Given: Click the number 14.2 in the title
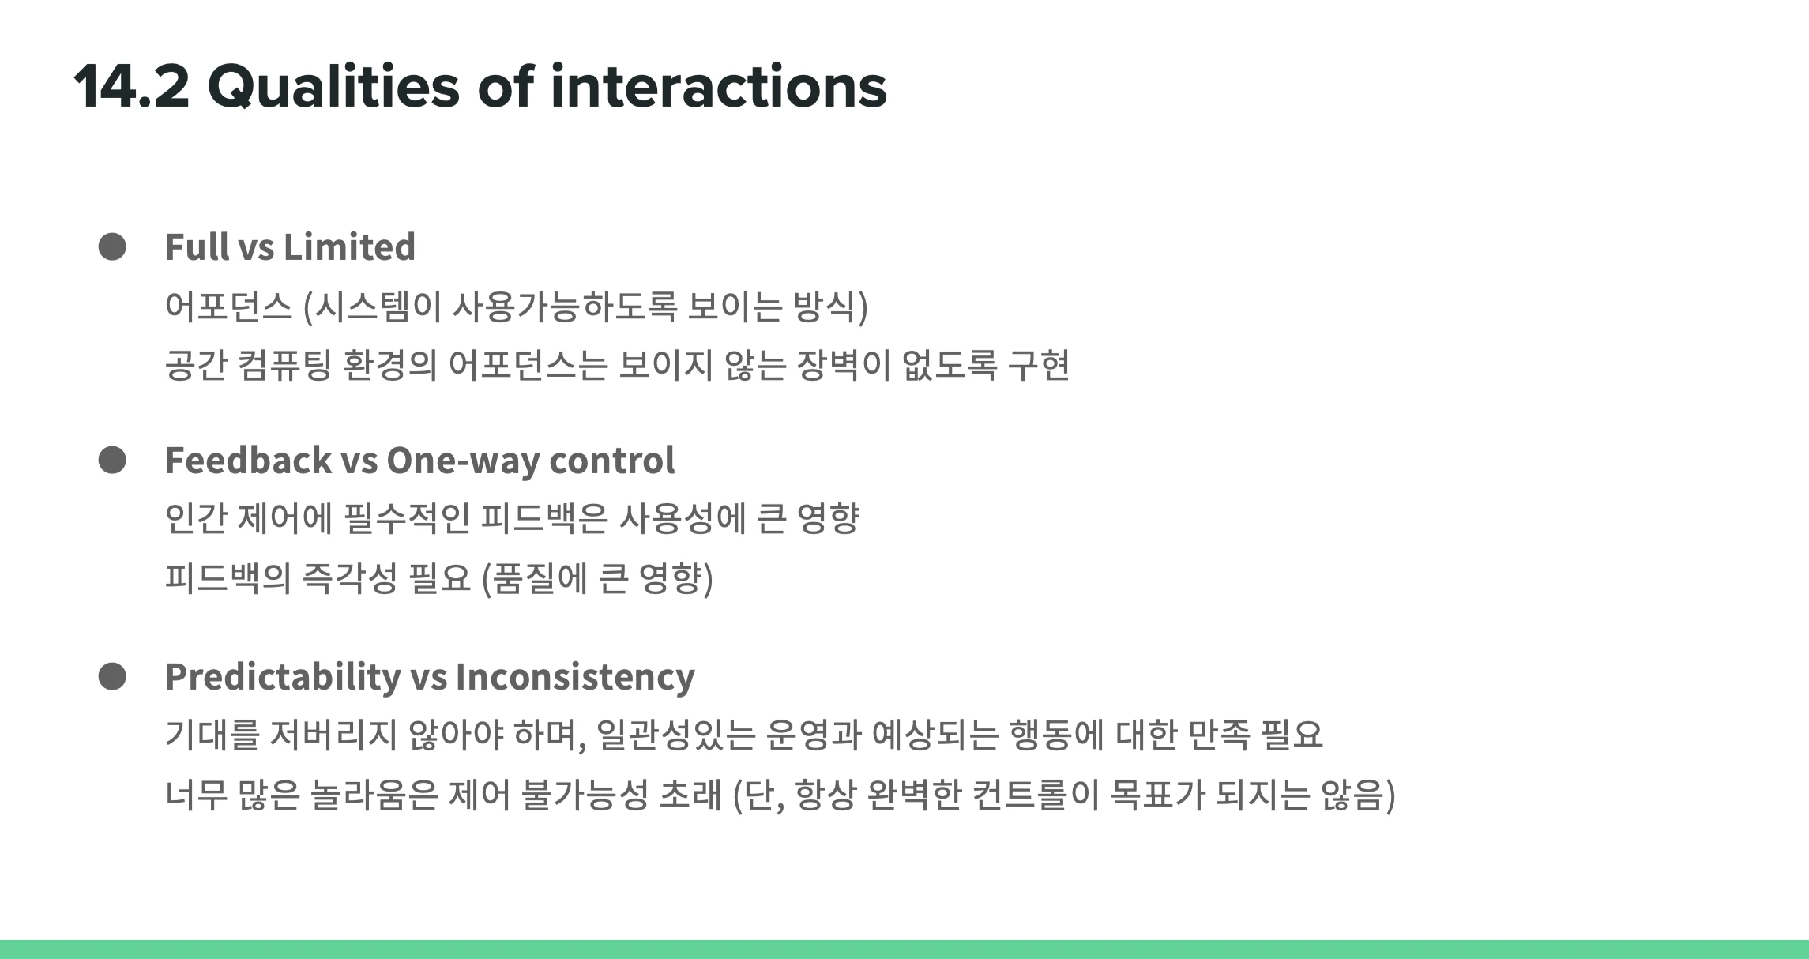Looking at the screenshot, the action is pos(131,86).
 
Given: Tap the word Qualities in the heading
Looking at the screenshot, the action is pos(333,88).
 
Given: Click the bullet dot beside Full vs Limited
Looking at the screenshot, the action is pos(112,246).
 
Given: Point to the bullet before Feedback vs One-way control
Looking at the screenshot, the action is pos(112,460).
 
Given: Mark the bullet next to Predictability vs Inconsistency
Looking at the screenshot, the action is pos(112,676).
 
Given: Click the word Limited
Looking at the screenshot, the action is pos(349,246).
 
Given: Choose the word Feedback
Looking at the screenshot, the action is pos(248,460).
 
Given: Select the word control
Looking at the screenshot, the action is pos(612,461).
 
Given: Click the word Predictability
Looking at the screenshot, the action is pos(283,678).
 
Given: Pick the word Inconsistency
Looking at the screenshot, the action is pos(575,678).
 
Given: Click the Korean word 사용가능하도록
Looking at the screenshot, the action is pos(565,307).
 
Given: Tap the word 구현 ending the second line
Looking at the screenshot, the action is pos(1039,365).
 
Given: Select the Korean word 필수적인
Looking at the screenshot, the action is pos(407,518).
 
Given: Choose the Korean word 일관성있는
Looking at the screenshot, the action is pos(675,735).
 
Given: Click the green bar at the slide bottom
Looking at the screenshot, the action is pos(904,950).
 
